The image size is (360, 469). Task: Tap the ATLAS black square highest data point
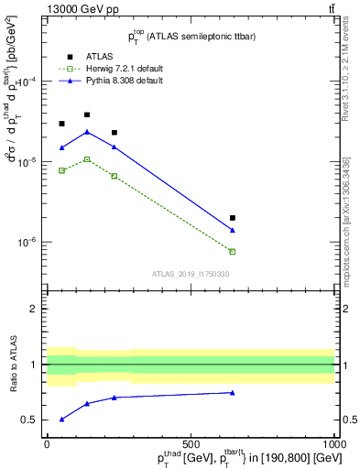[x=87, y=115]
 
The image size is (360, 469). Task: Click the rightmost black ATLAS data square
[x=233, y=218]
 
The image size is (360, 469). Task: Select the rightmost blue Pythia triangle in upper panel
[x=233, y=230]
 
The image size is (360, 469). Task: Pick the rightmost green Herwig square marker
[x=233, y=251]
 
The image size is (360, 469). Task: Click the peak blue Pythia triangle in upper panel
[x=87, y=132]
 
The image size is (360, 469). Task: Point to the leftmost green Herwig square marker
[x=61, y=170]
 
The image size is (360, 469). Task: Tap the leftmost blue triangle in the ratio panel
[x=61, y=419]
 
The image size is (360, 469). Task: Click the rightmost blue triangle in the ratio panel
[x=233, y=392]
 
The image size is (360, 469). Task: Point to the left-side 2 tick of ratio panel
[x=36, y=309]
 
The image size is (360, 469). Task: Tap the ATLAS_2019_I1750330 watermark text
[x=191, y=274]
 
